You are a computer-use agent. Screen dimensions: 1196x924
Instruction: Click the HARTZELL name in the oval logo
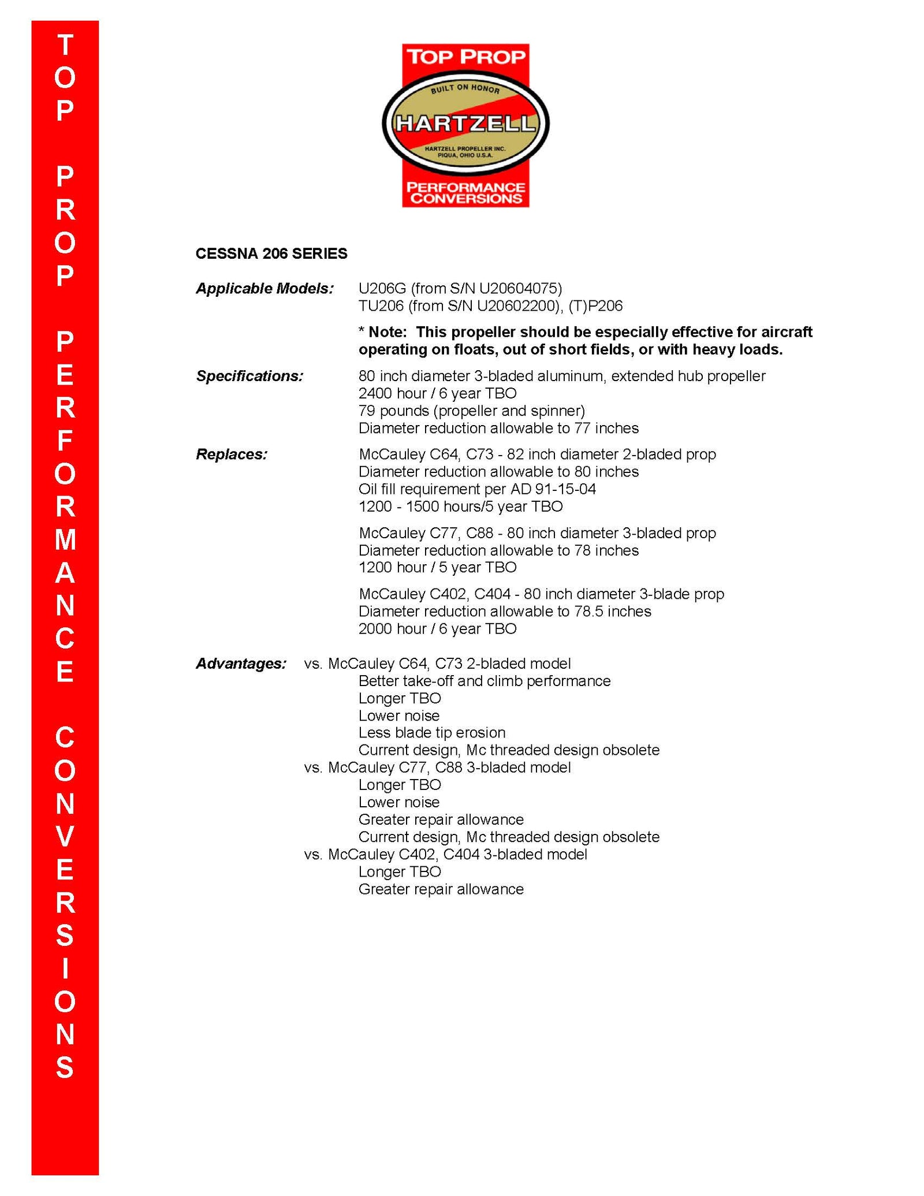[465, 123]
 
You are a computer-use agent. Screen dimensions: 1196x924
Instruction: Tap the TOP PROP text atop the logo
[465, 57]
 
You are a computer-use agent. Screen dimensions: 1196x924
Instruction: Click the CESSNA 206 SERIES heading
[271, 254]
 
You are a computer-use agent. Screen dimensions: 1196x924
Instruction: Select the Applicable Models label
[264, 288]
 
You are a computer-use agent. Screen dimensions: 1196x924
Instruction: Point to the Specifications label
[249, 376]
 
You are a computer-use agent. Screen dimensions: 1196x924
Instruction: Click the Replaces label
[232, 454]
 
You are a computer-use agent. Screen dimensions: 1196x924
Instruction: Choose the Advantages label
[241, 664]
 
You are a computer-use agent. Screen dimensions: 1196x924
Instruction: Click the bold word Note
[388, 332]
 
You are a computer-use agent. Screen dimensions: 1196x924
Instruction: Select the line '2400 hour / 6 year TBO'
[437, 393]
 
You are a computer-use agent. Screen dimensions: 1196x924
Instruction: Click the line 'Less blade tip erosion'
[431, 733]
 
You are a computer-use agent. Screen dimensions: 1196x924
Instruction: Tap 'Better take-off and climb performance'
[484, 681]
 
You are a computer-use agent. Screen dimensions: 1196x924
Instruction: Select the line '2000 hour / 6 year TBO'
[437, 628]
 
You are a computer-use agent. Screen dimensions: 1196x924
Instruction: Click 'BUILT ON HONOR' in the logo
[465, 88]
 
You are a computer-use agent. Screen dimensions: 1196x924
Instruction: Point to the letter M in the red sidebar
[65, 540]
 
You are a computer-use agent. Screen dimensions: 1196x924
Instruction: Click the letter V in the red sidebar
[65, 837]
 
